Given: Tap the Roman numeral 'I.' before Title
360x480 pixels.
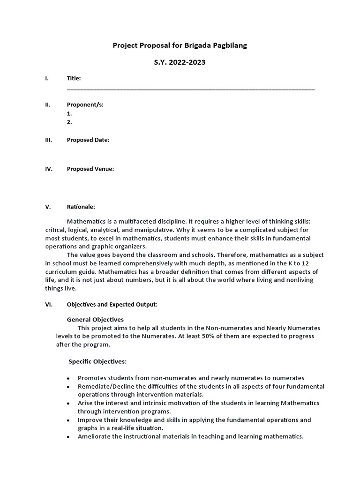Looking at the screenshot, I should (x=47, y=78).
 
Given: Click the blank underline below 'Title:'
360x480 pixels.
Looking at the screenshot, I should (x=191, y=89).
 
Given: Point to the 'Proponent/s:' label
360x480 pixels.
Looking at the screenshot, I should (x=85, y=105).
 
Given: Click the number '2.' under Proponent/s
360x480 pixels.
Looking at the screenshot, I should (x=69, y=122).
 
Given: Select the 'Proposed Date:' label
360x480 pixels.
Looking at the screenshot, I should (x=88, y=140).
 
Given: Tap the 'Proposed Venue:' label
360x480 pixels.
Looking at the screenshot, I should (x=90, y=169).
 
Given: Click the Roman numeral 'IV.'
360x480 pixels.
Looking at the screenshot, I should (x=48, y=169).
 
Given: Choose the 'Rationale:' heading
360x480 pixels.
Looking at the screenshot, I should (x=81, y=206).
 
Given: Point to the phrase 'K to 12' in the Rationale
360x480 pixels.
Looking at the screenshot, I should (x=286, y=263).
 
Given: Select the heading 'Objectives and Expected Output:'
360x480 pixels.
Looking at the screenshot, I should (x=112, y=304).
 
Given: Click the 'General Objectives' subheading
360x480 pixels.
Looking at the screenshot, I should (x=96, y=319).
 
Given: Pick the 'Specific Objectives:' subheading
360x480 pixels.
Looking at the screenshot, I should (x=97, y=361).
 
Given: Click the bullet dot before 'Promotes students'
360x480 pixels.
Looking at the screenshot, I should (x=68, y=378).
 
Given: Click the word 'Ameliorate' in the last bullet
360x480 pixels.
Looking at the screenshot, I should (x=95, y=436).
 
